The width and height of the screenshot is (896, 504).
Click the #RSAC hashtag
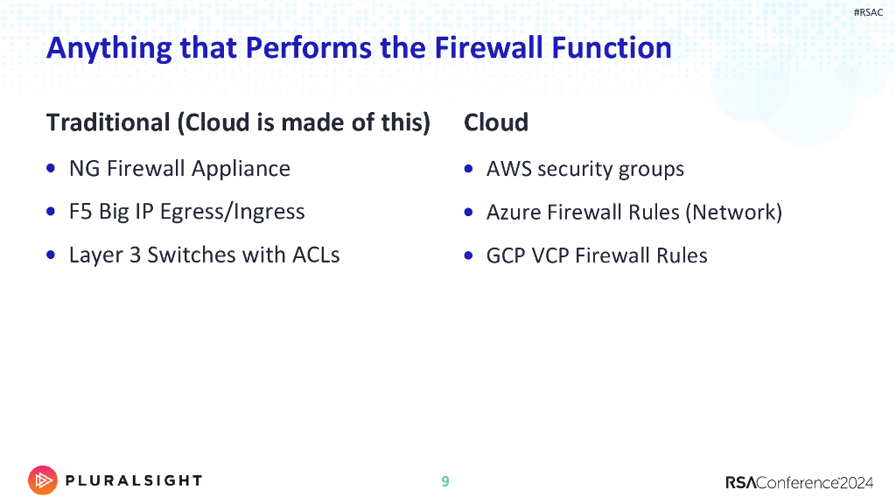click(x=868, y=12)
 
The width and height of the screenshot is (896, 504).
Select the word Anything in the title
click(x=109, y=49)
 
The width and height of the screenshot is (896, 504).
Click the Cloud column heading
click(x=496, y=122)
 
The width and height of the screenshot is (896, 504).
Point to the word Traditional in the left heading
click(x=108, y=122)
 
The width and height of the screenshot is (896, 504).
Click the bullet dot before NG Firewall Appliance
click(x=51, y=168)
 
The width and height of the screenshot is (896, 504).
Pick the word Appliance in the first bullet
click(x=241, y=170)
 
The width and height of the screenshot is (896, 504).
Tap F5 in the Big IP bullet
click(x=80, y=212)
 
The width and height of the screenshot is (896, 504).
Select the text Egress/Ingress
click(x=232, y=213)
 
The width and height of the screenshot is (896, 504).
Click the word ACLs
click(x=316, y=255)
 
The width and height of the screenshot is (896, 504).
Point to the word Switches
click(x=192, y=255)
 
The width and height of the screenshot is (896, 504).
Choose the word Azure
click(x=514, y=213)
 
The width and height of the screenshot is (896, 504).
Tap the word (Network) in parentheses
click(x=734, y=213)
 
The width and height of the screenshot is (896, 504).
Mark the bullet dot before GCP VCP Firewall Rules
click(x=469, y=255)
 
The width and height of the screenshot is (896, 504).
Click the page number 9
click(x=445, y=481)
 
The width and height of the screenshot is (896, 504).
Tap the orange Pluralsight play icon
click(x=43, y=480)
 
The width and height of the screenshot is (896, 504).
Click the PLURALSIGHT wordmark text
click(x=134, y=480)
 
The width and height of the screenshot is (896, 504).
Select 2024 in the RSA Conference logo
click(x=857, y=483)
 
